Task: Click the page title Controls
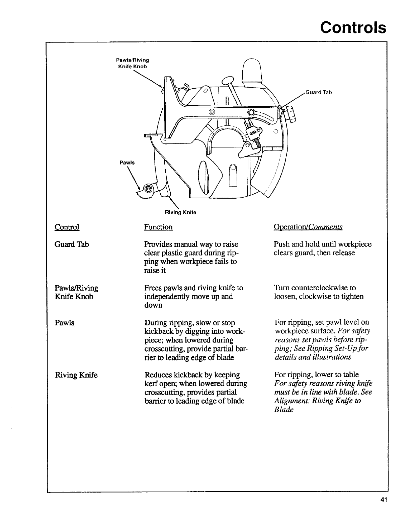[x=353, y=27]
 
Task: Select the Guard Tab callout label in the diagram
[x=319, y=92]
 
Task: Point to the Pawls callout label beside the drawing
[x=127, y=163]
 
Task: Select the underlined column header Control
[x=67, y=227]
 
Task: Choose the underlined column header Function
[x=158, y=227]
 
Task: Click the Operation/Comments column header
[x=308, y=227]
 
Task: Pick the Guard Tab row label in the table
[x=72, y=244]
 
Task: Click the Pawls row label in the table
[x=64, y=323]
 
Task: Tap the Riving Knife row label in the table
[x=76, y=375]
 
